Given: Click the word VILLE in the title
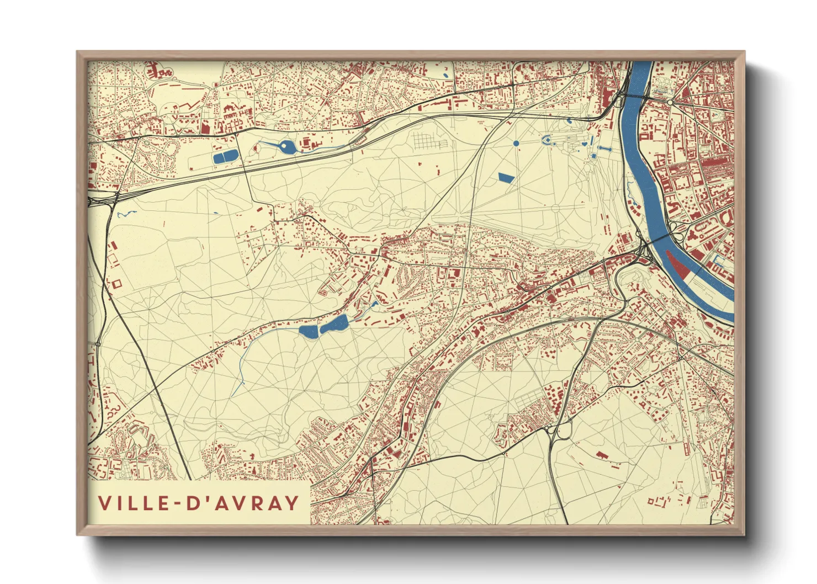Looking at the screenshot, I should pos(133,503).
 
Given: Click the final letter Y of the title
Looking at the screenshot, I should pos(291,503).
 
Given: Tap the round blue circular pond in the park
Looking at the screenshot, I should pos(516,143).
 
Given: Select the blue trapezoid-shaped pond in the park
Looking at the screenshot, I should pos(505,177).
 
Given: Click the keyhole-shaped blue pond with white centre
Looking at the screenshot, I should pos(286,147).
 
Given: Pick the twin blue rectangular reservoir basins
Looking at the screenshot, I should pos(225,157).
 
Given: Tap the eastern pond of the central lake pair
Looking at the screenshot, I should pos(335,324).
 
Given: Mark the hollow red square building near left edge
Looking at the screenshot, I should pos(116,284).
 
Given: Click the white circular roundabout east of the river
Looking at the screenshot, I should pos(670,103).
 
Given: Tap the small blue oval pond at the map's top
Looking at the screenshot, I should pos(445,75).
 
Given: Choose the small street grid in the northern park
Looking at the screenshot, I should pos(429,141).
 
